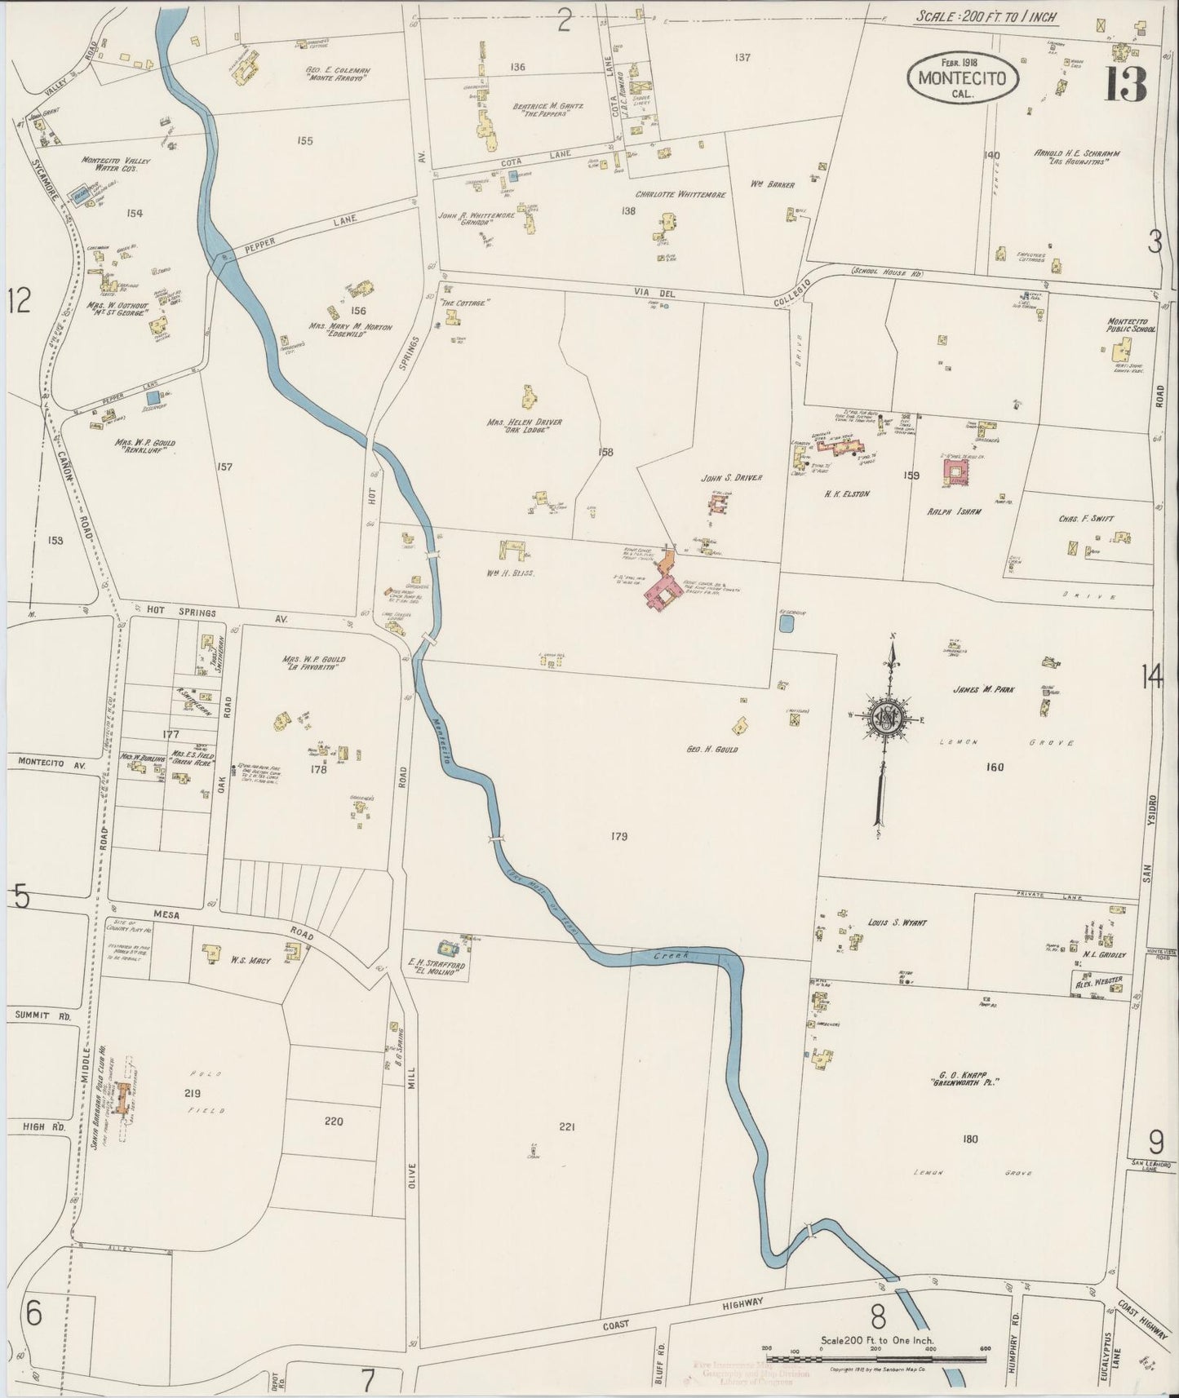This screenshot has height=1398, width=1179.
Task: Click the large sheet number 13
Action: [x=1125, y=83]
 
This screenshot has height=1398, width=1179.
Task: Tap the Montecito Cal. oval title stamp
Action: [x=962, y=79]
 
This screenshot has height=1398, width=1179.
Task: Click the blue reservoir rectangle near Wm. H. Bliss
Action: [x=787, y=625]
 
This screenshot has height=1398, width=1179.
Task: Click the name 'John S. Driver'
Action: [x=731, y=478]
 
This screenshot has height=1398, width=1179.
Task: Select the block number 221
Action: [x=568, y=1127]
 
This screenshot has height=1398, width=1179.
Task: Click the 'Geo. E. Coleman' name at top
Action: [x=338, y=71]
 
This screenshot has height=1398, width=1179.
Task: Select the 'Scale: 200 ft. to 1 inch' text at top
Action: [x=976, y=15]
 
